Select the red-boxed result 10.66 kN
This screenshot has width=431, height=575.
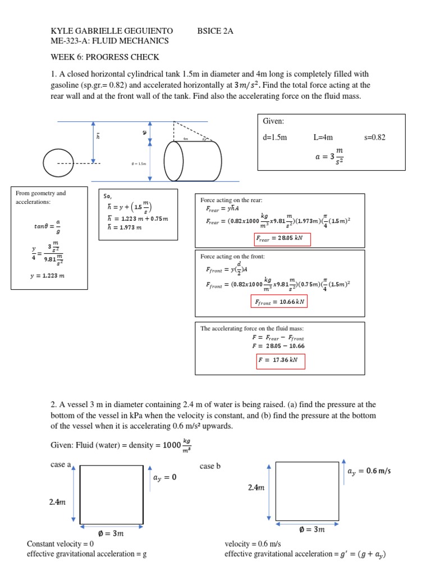tap(279, 302)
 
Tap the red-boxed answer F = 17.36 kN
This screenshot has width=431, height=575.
tap(280, 360)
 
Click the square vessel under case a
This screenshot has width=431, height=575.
tap(112, 494)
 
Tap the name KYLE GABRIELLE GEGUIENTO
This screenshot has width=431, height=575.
tap(112, 30)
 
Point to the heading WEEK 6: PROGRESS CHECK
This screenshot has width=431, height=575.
tap(105, 57)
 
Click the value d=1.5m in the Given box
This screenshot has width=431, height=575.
tap(275, 137)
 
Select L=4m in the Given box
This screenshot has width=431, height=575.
tap(323, 137)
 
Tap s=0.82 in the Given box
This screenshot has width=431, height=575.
tap(375, 137)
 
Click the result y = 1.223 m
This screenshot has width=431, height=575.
tap(47, 276)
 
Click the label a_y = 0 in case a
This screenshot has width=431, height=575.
tap(164, 478)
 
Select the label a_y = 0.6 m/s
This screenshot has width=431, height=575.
tap(369, 471)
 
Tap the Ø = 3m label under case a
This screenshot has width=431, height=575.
tap(111, 533)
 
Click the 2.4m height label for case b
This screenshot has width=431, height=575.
tap(256, 488)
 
